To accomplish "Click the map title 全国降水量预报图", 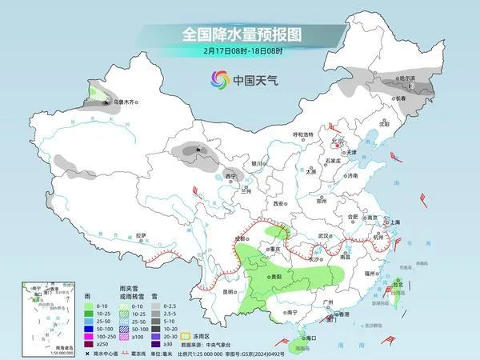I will tap(239, 34).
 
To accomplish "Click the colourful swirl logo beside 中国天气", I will tap(219, 79).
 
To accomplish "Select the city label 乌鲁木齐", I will tap(125, 102).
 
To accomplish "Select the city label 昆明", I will tap(230, 292).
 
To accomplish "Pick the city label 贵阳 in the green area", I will tap(275, 274).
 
